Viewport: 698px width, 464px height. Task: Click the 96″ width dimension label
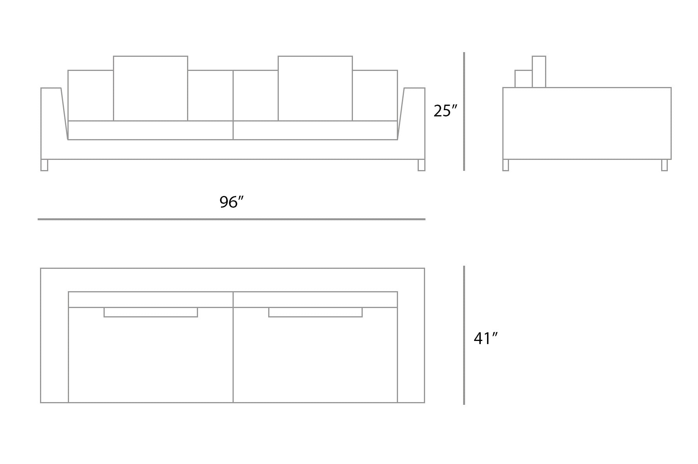tap(231, 202)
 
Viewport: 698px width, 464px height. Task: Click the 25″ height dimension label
tap(445, 111)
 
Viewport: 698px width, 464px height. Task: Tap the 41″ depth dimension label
tap(485, 339)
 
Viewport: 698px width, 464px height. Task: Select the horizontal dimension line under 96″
tap(231, 219)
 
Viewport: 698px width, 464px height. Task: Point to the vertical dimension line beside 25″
tap(464, 112)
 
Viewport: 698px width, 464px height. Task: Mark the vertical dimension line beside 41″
tap(464, 335)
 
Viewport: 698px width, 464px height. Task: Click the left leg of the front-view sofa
tap(44, 165)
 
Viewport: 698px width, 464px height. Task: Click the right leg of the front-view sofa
tap(422, 165)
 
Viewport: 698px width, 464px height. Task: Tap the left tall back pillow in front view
tap(151, 89)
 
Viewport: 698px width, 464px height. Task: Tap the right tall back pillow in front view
tap(315, 89)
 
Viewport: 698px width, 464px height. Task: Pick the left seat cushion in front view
tap(151, 130)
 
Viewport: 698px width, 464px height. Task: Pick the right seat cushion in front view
tap(315, 130)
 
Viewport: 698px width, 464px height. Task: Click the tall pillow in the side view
tap(539, 72)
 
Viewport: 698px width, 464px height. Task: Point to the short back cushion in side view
tap(523, 79)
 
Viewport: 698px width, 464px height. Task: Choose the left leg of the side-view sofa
tap(506, 165)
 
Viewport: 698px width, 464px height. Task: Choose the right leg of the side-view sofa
tap(664, 165)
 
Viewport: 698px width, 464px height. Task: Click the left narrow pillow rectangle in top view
tap(151, 312)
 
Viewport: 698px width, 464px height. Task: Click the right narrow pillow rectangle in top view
tap(315, 312)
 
